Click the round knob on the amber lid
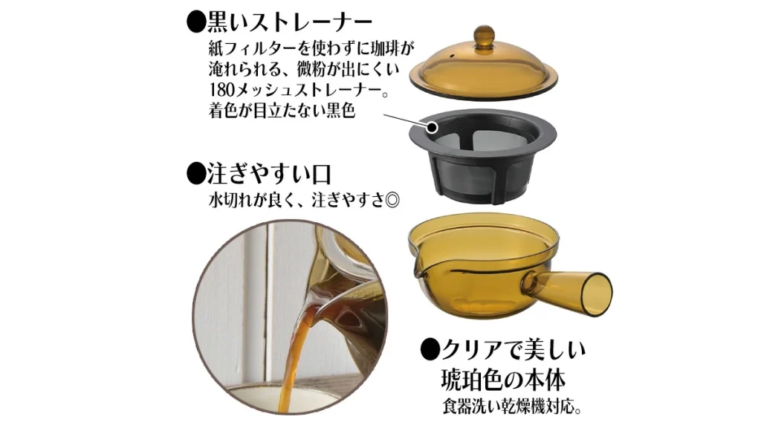pos(484,35)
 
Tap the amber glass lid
pos(485,71)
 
